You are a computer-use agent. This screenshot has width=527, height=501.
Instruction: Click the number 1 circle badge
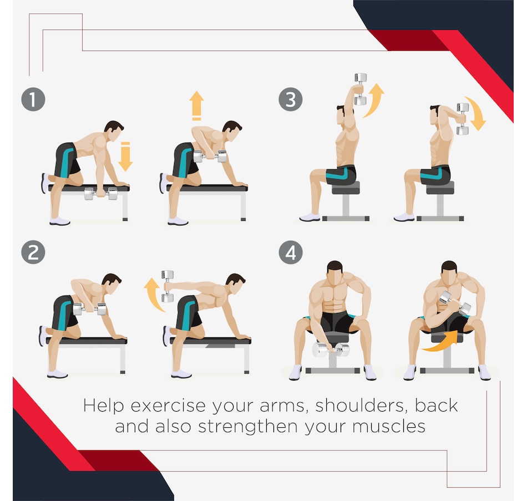click(33, 100)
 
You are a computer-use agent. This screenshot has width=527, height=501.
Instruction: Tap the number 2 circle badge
click(33, 252)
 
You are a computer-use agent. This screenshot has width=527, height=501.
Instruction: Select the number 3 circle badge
click(291, 100)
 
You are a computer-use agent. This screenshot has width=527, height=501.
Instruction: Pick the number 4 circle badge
click(291, 252)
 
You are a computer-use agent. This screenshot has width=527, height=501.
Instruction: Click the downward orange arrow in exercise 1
click(126, 156)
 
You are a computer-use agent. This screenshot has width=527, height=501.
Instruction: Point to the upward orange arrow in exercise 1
click(196, 106)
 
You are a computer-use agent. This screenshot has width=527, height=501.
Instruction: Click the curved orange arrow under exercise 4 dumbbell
click(438, 341)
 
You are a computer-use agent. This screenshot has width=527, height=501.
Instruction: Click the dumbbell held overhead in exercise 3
click(361, 89)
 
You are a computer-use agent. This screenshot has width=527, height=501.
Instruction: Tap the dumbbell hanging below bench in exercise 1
click(100, 194)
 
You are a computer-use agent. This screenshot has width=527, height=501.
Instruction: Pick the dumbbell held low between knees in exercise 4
click(331, 349)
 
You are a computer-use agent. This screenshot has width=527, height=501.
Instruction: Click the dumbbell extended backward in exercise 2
click(167, 286)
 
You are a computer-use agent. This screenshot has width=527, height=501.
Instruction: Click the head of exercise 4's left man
click(334, 271)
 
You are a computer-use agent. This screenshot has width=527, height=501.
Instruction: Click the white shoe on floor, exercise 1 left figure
click(59, 221)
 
